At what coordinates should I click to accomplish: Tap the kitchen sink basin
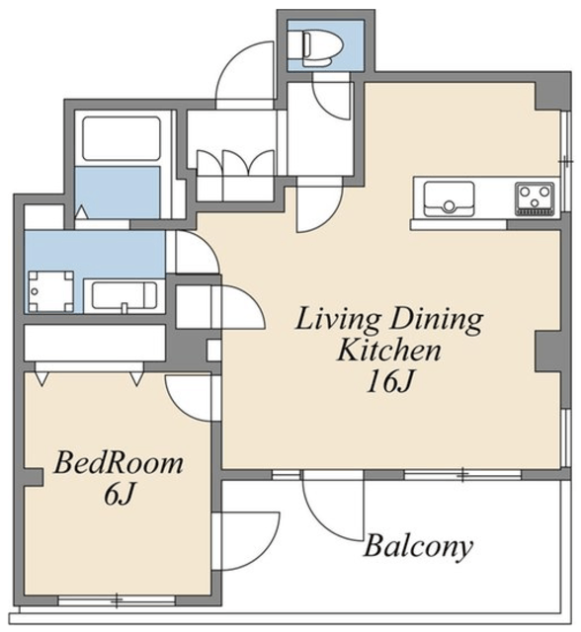click(x=449, y=199)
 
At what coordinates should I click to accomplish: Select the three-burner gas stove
click(x=535, y=197)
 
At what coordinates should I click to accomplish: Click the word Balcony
click(x=418, y=546)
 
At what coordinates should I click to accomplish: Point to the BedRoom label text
click(x=119, y=463)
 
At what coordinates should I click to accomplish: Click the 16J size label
click(x=389, y=382)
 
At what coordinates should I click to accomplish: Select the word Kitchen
click(x=389, y=350)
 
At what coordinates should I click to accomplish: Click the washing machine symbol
click(x=50, y=291)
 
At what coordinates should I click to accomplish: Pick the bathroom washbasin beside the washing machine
click(x=124, y=296)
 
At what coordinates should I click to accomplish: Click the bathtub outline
click(x=122, y=138)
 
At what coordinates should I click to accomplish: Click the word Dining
click(x=437, y=320)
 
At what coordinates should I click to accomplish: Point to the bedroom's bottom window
click(x=117, y=601)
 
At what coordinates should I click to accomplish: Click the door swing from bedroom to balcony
click(x=246, y=541)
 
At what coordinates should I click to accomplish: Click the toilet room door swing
click(x=331, y=101)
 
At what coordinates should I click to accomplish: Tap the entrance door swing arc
click(x=245, y=75)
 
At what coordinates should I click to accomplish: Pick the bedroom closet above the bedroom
click(x=95, y=343)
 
